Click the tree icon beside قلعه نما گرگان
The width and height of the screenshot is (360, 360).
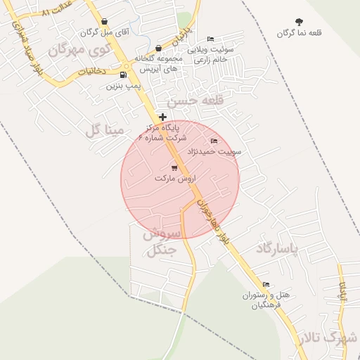pyautogui.click(x=300, y=22)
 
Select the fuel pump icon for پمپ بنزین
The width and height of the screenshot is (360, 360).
pyautogui.click(x=124, y=75)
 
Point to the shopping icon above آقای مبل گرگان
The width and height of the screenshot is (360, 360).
pyautogui.click(x=105, y=22)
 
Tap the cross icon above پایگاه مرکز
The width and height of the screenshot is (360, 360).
pyautogui.click(x=163, y=117)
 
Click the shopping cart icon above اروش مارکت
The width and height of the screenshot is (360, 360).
pyautogui.click(x=174, y=167)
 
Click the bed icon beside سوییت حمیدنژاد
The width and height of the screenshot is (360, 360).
pyautogui.click(x=214, y=141)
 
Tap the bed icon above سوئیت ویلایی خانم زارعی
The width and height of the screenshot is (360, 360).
pyautogui.click(x=210, y=39)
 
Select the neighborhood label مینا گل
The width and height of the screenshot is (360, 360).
pyautogui.click(x=104, y=130)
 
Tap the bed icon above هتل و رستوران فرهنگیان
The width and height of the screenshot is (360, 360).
pyautogui.click(x=265, y=285)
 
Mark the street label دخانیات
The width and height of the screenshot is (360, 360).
pyautogui.click(x=91, y=71)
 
